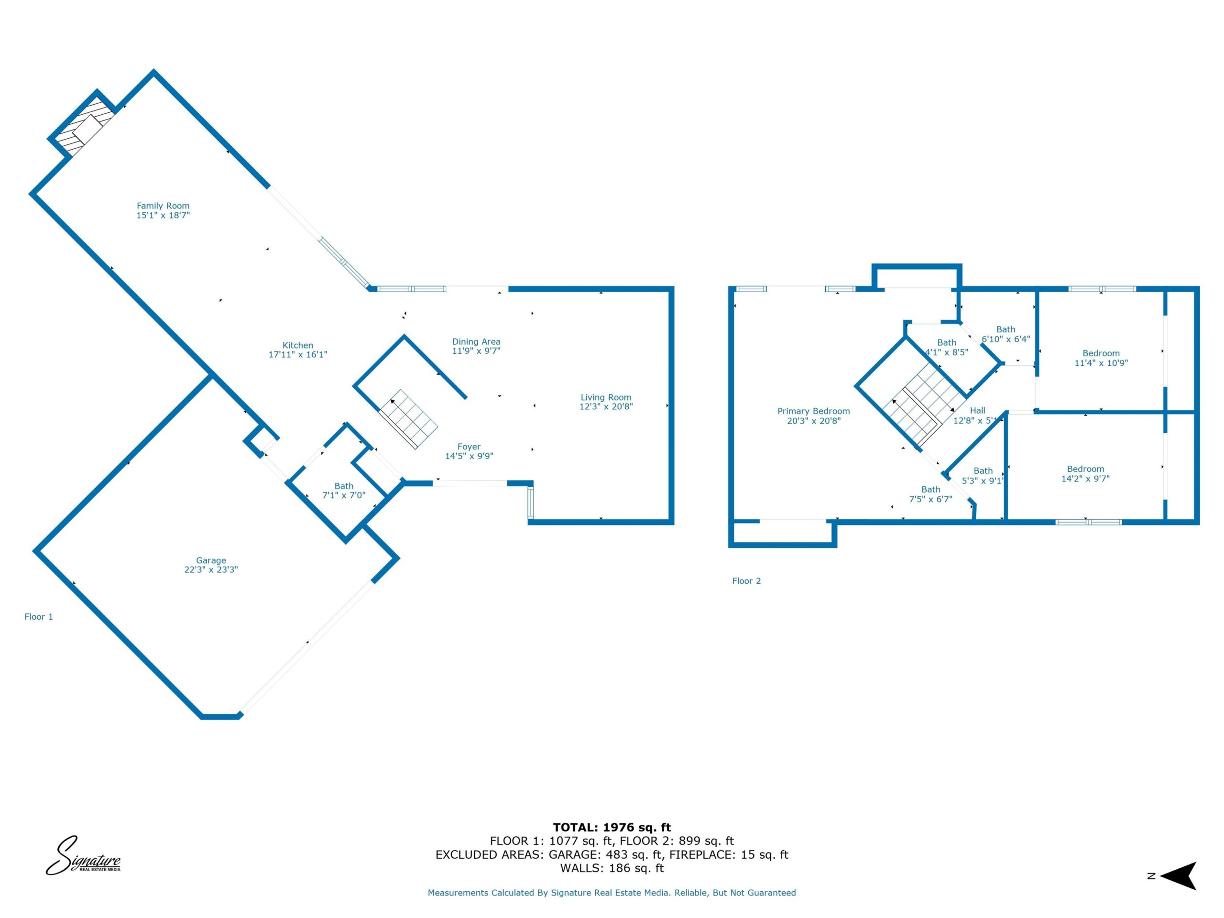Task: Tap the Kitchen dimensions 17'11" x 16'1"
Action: coord(298,355)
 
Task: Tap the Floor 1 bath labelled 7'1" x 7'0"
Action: coord(344,490)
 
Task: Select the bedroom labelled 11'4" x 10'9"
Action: coord(1101,358)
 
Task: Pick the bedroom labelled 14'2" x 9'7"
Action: coord(1086,474)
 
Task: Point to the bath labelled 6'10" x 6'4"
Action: coord(1006,334)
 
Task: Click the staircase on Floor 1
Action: coord(408,419)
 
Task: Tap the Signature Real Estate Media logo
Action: coord(83,855)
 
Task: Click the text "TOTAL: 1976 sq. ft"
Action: coord(612,827)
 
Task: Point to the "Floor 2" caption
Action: coord(746,580)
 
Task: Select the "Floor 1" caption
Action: coord(39,616)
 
